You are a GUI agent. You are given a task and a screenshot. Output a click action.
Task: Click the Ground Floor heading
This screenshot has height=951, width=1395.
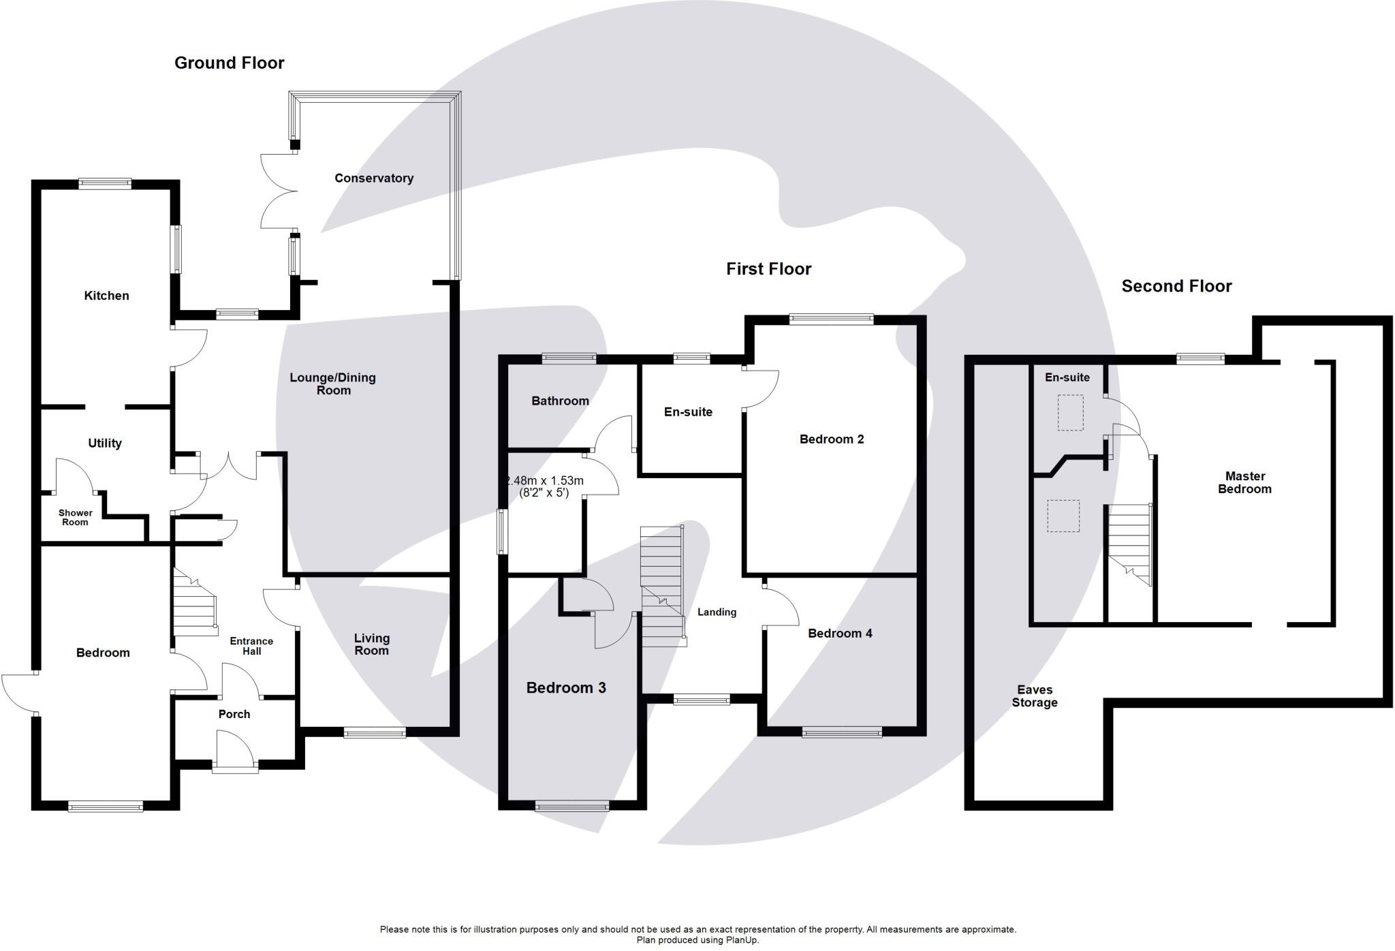[229, 63]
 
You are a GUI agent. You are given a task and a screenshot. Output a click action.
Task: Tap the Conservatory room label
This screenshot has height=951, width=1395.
[374, 178]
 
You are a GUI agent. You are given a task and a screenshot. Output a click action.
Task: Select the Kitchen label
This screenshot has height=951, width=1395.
[106, 296]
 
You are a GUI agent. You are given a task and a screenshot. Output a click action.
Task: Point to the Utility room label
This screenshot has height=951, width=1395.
[105, 443]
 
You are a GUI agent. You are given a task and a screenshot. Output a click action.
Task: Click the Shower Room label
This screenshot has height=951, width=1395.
[75, 518]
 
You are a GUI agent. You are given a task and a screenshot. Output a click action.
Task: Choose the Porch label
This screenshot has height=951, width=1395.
[234, 714]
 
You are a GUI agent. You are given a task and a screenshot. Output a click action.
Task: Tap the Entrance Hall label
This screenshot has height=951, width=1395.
[251, 646]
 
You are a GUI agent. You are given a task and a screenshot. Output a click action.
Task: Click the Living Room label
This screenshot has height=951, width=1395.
[372, 644]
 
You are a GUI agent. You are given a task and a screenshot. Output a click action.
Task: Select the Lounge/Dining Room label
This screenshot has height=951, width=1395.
[333, 384]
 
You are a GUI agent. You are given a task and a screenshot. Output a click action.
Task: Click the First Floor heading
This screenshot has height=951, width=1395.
[768, 269]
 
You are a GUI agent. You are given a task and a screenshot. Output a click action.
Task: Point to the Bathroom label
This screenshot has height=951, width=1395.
[560, 401]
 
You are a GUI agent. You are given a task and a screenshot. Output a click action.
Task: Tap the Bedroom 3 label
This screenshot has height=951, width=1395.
[566, 688]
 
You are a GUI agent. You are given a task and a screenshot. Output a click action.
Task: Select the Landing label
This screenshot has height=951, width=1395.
[717, 612]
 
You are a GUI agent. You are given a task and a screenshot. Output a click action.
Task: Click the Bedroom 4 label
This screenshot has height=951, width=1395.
[840, 634]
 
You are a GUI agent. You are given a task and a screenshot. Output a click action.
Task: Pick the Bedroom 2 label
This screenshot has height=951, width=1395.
[832, 439]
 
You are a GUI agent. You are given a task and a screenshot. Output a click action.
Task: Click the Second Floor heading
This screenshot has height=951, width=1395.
[1176, 286]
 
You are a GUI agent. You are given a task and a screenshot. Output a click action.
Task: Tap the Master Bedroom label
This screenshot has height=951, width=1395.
[1244, 482]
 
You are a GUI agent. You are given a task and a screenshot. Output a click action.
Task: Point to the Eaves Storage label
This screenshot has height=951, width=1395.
[1035, 696]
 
